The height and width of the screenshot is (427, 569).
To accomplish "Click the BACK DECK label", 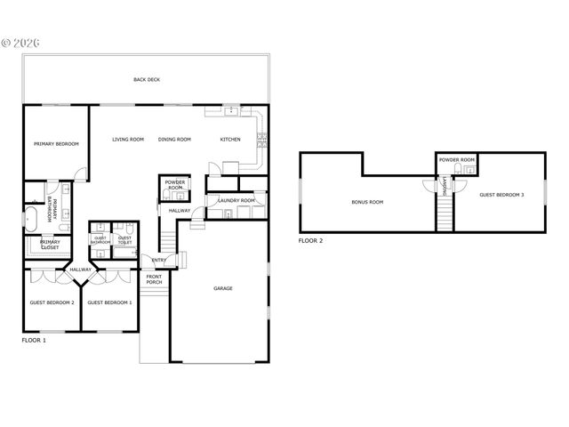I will [147, 80].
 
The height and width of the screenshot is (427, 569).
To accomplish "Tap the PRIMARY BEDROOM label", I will [56, 144].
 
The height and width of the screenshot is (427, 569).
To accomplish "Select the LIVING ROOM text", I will [128, 140].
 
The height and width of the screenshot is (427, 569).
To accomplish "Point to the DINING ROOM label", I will [174, 140].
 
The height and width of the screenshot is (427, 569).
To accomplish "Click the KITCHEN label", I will [230, 140].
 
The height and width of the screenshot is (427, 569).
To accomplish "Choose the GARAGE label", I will [222, 288].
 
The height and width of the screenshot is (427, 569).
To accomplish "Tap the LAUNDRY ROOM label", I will [236, 201].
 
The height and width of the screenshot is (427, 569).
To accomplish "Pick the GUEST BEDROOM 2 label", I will [52, 302].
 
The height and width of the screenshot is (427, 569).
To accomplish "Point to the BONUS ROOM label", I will [367, 203].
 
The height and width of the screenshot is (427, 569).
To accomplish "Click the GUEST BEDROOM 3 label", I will [501, 195].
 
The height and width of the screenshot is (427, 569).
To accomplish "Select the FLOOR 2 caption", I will [310, 241].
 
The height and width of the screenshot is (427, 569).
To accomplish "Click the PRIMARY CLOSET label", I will [51, 245].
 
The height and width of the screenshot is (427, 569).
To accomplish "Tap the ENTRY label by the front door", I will [159, 261].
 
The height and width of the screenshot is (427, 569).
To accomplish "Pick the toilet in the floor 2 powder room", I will [461, 184].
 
